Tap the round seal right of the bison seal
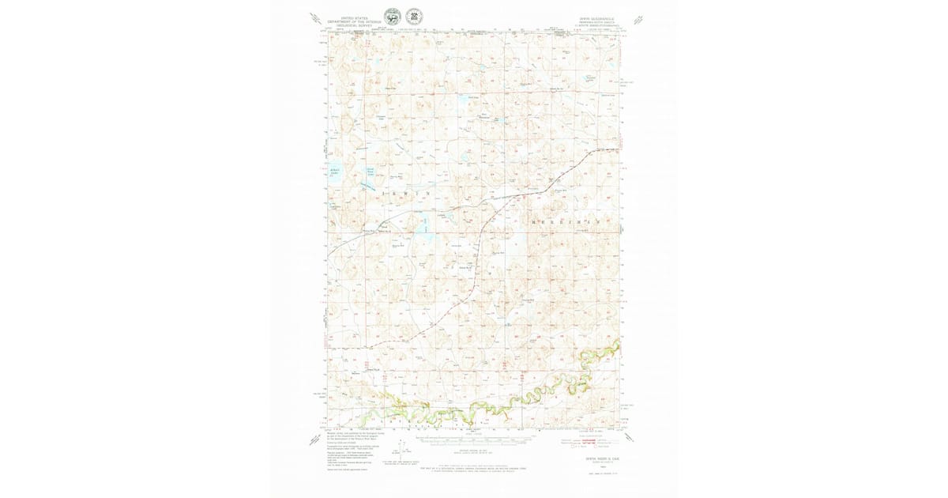tap(413, 17)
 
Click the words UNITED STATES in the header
tap(355, 17)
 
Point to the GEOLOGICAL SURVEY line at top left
tap(355, 25)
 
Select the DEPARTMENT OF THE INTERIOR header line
tap(355, 21)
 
